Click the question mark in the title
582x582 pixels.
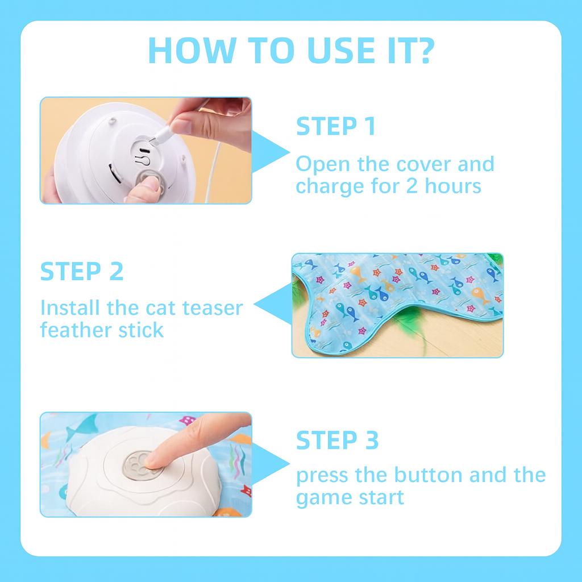(422, 50)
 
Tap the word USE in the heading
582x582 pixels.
(342, 50)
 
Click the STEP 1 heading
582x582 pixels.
(335, 126)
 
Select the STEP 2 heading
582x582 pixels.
(82, 271)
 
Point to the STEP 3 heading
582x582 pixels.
(337, 440)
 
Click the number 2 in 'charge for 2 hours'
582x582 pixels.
(411, 186)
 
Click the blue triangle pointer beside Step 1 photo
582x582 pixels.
(270, 152)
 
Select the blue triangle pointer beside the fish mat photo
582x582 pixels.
(273, 304)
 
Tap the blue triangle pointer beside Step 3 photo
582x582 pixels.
(270, 464)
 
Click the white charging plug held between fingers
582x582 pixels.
(160, 135)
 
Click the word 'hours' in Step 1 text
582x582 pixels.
(453, 186)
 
